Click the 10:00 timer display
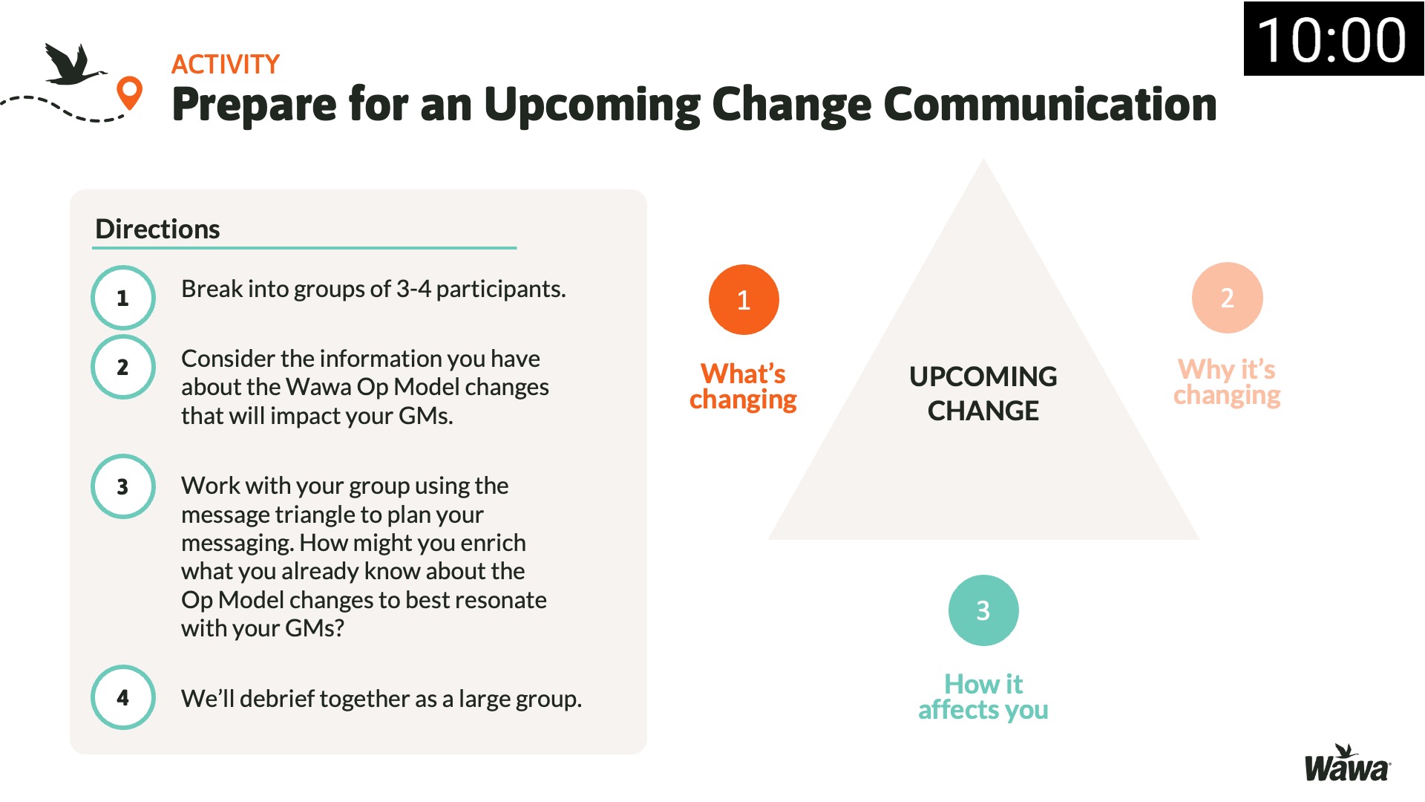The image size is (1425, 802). pyautogui.click(x=1333, y=39)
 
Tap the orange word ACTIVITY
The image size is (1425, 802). pyautogui.click(x=226, y=65)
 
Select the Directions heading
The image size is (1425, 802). pyautogui.click(x=157, y=229)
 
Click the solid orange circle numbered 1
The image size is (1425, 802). pyautogui.click(x=744, y=300)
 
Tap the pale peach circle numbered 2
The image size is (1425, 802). pyautogui.click(x=1228, y=298)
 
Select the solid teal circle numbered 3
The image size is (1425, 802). pyautogui.click(x=983, y=610)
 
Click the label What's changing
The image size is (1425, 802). pyautogui.click(x=743, y=386)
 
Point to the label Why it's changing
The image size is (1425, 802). pyautogui.click(x=1227, y=382)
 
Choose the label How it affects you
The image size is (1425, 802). pyautogui.click(x=983, y=697)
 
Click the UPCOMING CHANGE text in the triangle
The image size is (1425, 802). pyautogui.click(x=983, y=394)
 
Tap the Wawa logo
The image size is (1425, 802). pyautogui.click(x=1348, y=763)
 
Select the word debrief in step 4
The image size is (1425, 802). pyautogui.click(x=277, y=699)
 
